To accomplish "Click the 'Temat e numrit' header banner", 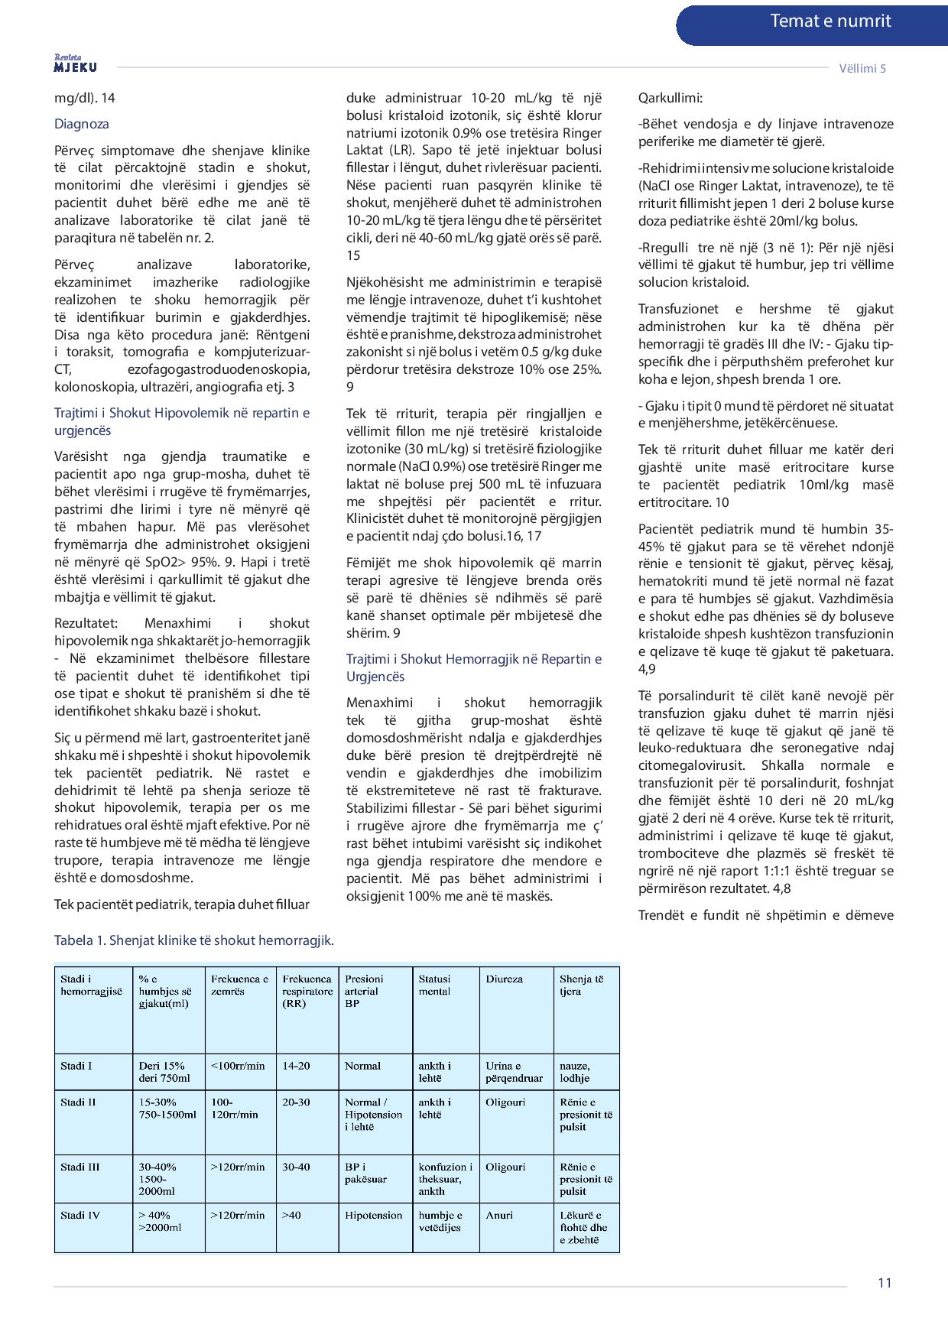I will pyautogui.click(x=829, y=21).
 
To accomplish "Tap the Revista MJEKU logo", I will pyautogui.click(x=75, y=64).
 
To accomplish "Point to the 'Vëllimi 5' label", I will pyautogui.click(x=862, y=68).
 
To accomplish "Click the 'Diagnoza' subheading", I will pyautogui.click(x=82, y=124).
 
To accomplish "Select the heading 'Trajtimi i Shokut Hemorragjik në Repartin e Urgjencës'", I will pyautogui.click(x=473, y=667).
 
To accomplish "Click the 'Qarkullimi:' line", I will pyautogui.click(x=670, y=98).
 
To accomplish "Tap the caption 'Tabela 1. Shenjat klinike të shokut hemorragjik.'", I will pyautogui.click(x=194, y=940).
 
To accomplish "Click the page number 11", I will pyautogui.click(x=885, y=1283).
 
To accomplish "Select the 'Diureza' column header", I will pyautogui.click(x=505, y=979).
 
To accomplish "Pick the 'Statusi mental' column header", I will pyautogui.click(x=434, y=985).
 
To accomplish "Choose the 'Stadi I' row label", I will pyautogui.click(x=76, y=1065).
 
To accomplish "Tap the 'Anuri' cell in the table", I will pyautogui.click(x=500, y=1215).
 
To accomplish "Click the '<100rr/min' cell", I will pyautogui.click(x=238, y=1065).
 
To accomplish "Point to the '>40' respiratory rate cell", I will pyautogui.click(x=291, y=1215).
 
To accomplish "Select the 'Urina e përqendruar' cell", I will pyautogui.click(x=514, y=1072).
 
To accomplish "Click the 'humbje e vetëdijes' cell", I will pyautogui.click(x=440, y=1221).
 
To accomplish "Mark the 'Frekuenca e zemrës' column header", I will pyautogui.click(x=239, y=985).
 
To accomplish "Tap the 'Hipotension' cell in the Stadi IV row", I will pyautogui.click(x=373, y=1215).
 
